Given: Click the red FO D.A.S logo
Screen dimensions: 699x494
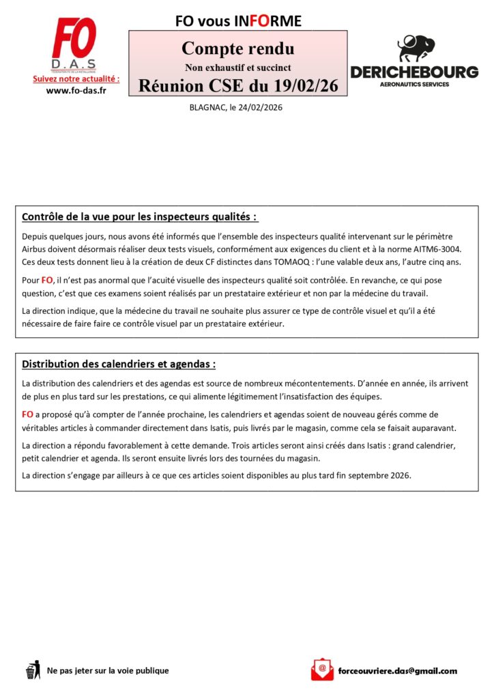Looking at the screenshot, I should (76, 44).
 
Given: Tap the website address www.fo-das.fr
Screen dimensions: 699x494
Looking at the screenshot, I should (76, 91).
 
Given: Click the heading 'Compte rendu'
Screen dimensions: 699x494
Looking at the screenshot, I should (237, 49).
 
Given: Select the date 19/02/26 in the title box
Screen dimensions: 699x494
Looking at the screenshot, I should (306, 86).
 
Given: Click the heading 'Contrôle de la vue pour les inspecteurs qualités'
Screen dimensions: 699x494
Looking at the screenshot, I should (140, 217).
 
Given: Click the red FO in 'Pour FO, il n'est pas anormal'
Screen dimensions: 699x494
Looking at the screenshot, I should (47, 280).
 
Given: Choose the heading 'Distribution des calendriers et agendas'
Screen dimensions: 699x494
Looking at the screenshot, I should (119, 364).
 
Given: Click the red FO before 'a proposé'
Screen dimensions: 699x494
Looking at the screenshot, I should (28, 414).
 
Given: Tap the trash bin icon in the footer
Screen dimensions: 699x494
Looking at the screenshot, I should (32, 670).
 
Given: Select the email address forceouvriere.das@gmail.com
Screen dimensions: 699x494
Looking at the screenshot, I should (397, 670).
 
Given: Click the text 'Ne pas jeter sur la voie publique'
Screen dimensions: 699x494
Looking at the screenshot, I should (108, 670).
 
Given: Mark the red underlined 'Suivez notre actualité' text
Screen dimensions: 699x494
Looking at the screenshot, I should (76, 79).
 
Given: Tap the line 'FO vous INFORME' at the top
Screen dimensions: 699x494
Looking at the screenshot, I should (237, 21).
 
